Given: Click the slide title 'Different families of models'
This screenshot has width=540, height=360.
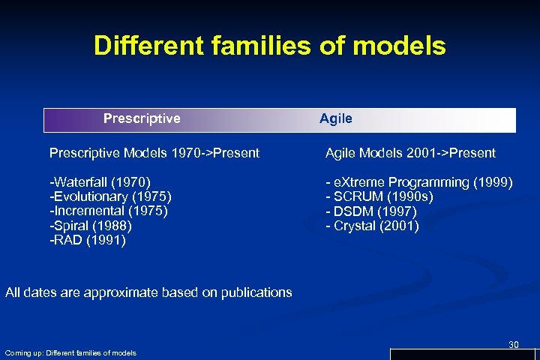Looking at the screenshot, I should (269, 46).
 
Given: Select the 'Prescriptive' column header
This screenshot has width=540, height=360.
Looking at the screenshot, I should (142, 118).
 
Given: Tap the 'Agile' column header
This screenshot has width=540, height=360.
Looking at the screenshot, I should (335, 118).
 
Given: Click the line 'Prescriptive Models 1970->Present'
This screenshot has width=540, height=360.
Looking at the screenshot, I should (154, 153).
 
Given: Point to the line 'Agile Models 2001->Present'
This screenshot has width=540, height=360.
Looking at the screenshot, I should (410, 153).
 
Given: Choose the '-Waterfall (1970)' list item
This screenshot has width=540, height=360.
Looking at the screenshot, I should (100, 182).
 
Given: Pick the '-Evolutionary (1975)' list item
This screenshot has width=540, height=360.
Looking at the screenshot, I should (111, 196).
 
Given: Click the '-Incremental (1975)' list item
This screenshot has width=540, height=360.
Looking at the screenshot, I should (109, 211).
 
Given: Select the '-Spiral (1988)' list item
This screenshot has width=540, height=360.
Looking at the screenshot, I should (91, 226).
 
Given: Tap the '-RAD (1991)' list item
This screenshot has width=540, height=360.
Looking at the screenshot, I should (88, 240).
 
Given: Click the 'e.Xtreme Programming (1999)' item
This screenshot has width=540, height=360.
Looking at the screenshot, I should (420, 182).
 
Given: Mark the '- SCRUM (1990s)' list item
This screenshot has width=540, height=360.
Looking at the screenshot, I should (379, 196).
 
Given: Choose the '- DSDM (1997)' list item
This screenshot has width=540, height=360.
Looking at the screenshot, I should (372, 211).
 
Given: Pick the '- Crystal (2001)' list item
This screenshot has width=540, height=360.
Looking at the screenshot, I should (372, 226).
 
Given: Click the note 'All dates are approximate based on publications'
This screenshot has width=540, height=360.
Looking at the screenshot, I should (148, 292).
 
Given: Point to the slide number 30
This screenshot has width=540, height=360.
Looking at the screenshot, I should (513, 344).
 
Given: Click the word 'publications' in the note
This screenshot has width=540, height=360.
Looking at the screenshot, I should (255, 292).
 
